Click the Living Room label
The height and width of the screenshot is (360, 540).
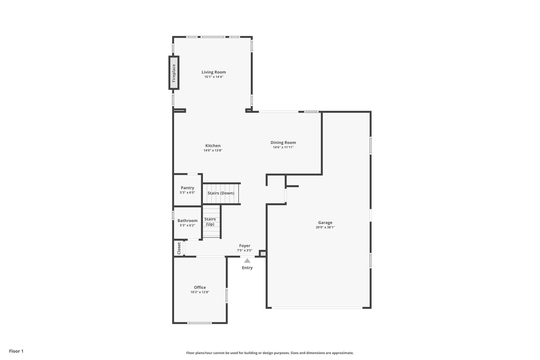(214, 72)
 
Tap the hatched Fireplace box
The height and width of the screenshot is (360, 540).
(174, 73)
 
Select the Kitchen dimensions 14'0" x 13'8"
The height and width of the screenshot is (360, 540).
(213, 150)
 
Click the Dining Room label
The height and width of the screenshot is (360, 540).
(283, 142)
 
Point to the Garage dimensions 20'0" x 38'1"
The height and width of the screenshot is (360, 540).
(325, 227)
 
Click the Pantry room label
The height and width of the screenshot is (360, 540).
(187, 188)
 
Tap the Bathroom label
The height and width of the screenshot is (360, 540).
(187, 220)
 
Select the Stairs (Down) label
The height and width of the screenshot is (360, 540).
(221, 193)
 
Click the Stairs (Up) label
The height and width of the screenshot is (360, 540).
(210, 222)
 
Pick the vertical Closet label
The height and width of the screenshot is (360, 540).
(179, 248)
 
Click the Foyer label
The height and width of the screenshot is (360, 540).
(244, 246)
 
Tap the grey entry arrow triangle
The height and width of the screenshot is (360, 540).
(247, 261)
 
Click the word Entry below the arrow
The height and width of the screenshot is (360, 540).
(247, 268)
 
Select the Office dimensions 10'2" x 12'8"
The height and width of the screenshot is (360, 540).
(200, 292)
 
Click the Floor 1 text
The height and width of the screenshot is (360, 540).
(16, 351)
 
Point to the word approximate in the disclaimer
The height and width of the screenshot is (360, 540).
(343, 353)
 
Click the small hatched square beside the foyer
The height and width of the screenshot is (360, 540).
(263, 254)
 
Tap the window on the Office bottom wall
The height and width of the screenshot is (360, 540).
(199, 323)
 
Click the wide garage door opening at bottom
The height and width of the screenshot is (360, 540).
(317, 308)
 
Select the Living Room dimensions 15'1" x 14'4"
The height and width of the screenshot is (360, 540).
(214, 77)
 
